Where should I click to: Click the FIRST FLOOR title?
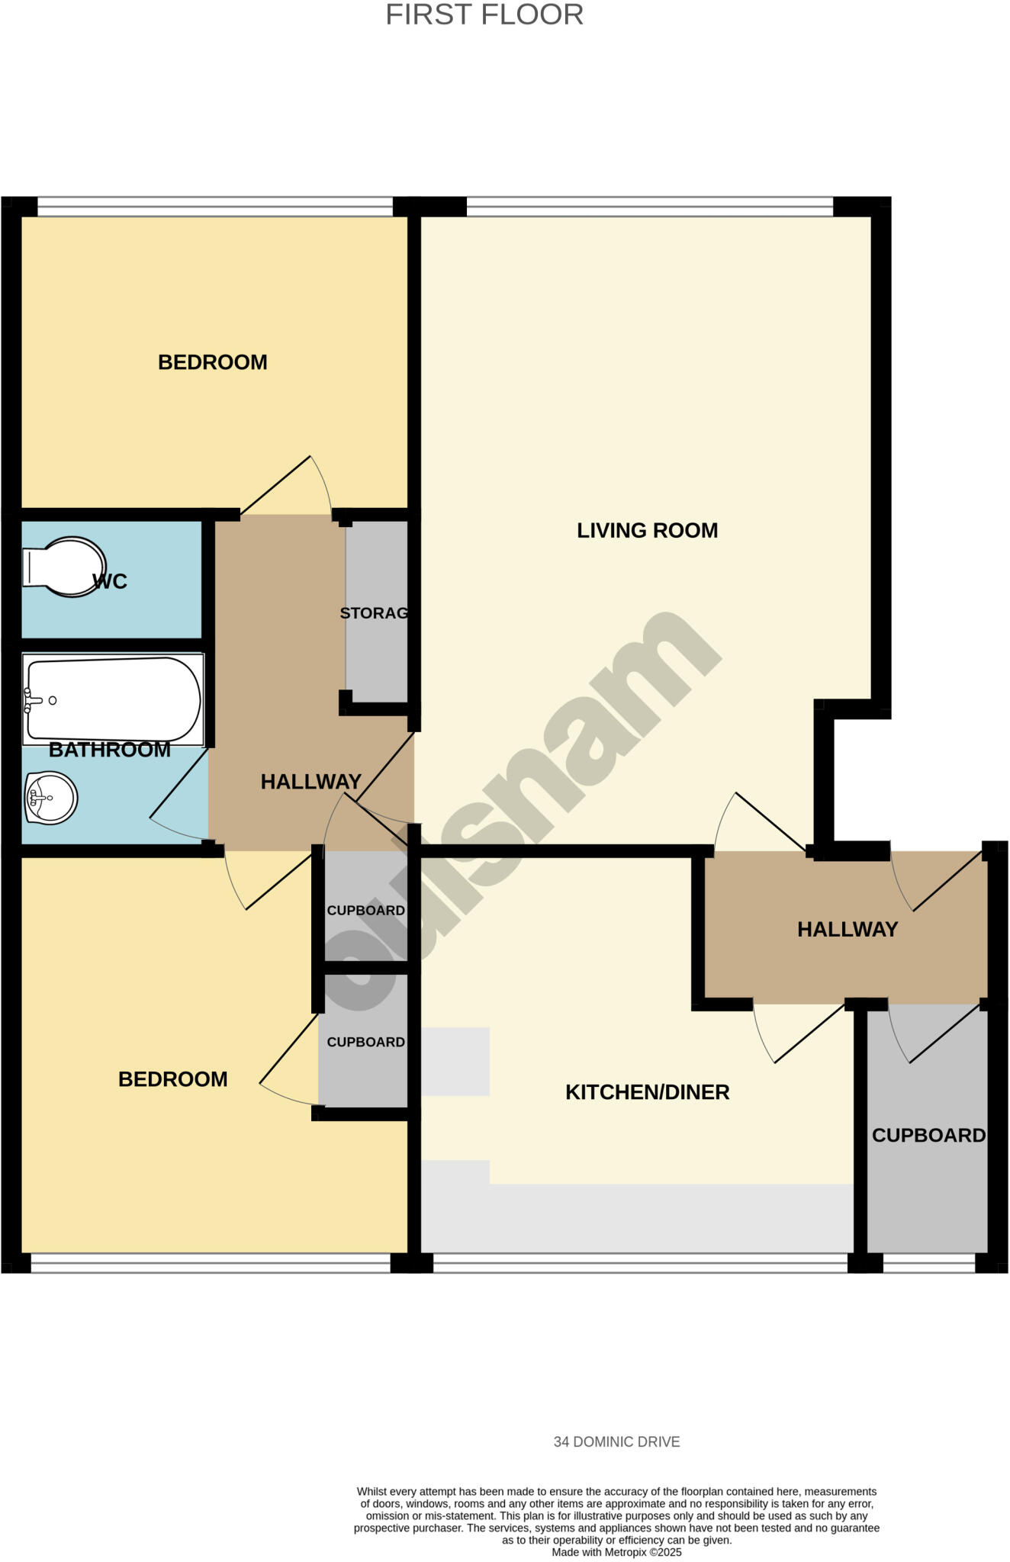(484, 15)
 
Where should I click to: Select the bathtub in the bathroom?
(113, 699)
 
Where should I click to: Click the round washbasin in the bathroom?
(51, 798)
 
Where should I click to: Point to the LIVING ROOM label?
(647, 530)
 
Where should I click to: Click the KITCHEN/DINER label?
(647, 1092)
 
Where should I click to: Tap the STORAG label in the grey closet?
(374, 612)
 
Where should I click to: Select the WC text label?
(110, 582)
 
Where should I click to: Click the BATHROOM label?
(110, 750)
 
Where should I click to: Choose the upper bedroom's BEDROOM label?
(212, 362)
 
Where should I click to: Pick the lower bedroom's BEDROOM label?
(172, 1079)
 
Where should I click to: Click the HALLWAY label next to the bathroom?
(310, 782)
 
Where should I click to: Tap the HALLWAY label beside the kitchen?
(847, 929)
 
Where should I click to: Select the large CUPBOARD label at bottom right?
(928, 1136)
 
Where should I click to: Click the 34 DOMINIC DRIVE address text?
(616, 1441)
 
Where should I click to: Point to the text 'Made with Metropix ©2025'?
(616, 1552)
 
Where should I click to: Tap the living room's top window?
(649, 206)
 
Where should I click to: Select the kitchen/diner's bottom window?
(640, 1264)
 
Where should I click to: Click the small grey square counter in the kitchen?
(455, 1062)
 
